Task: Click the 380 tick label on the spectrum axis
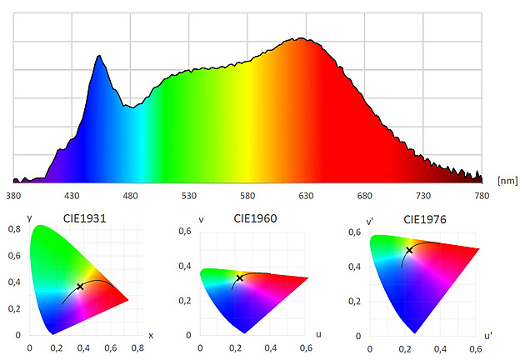13,196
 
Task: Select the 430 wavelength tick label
72,196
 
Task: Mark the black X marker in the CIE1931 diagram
80,286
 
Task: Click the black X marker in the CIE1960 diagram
240,277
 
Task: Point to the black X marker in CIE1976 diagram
409,250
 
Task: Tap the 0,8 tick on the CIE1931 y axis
15,228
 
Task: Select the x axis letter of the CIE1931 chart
151,335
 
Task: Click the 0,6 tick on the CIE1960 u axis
305,349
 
